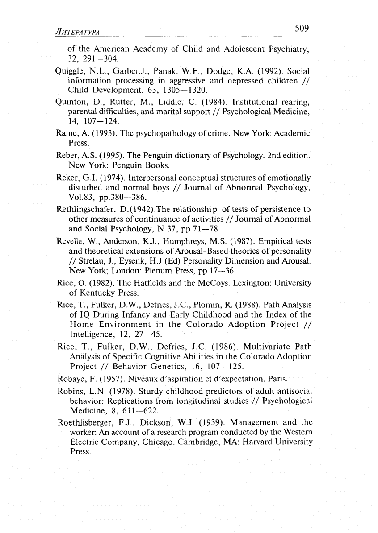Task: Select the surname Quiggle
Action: point(69,72)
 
